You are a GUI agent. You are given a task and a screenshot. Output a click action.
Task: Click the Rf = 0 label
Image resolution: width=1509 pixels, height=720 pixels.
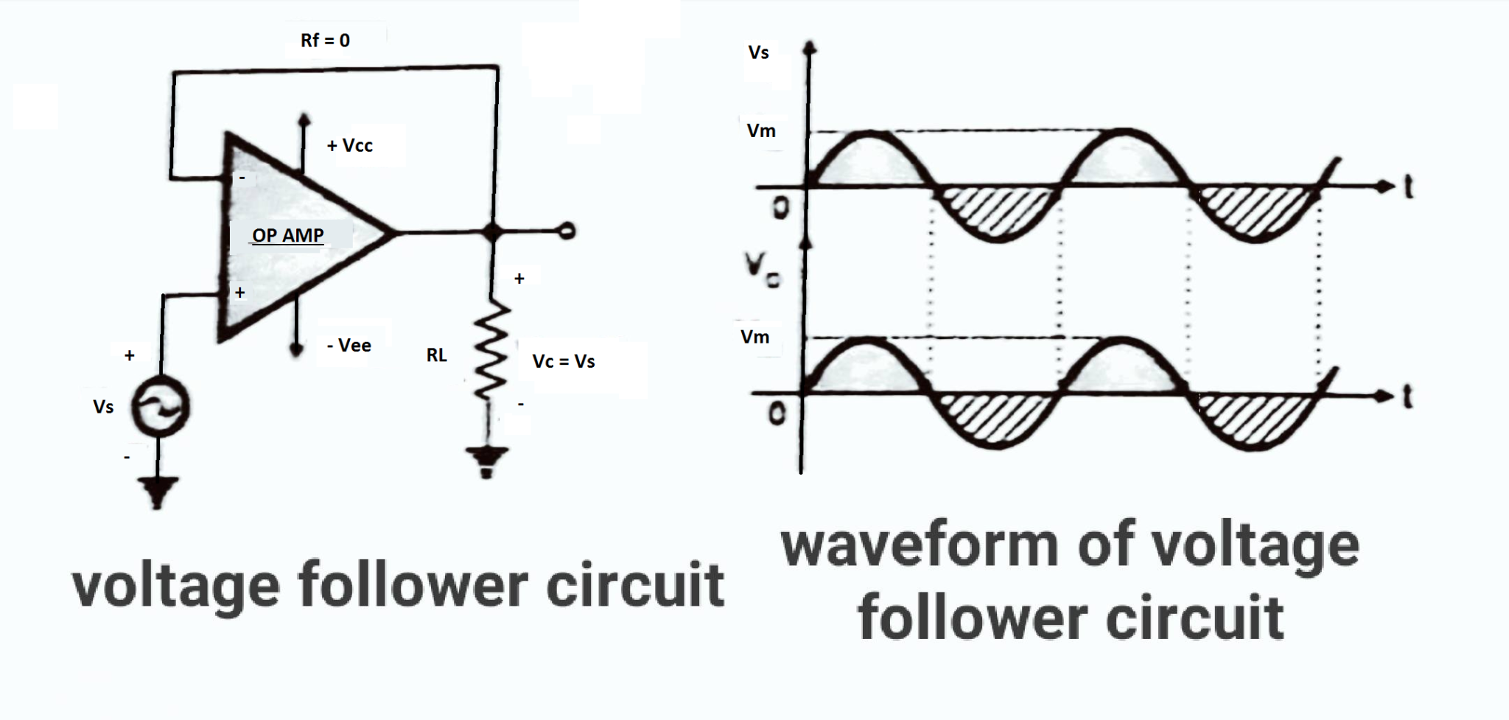click(325, 41)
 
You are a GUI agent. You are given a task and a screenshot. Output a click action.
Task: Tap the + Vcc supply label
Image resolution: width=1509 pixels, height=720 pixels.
click(350, 145)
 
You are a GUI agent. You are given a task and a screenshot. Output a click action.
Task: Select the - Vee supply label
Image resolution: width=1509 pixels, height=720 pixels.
click(349, 345)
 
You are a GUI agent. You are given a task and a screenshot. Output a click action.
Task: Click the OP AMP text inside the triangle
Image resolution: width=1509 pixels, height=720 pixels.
click(287, 235)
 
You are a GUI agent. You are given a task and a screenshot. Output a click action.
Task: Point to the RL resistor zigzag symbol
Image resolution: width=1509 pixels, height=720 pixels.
click(489, 351)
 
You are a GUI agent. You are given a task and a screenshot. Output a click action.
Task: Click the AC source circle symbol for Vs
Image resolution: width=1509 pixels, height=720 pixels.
click(160, 406)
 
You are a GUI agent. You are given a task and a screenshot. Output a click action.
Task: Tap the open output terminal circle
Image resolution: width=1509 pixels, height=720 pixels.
click(567, 231)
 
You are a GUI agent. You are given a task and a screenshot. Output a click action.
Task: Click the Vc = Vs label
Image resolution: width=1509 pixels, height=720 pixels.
click(564, 361)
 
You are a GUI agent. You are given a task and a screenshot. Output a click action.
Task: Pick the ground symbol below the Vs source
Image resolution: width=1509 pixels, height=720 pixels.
click(157, 492)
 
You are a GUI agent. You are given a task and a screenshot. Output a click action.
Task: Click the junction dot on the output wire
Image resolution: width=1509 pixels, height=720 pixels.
click(492, 232)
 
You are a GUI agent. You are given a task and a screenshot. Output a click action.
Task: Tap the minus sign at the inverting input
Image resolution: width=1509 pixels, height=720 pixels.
click(242, 178)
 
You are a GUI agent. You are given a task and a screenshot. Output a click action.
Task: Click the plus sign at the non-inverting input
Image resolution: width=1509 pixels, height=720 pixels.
click(239, 293)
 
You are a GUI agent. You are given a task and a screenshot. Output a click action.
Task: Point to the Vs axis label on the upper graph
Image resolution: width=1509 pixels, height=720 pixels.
click(758, 52)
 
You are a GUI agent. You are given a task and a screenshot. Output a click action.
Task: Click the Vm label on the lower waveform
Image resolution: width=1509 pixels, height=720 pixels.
click(754, 337)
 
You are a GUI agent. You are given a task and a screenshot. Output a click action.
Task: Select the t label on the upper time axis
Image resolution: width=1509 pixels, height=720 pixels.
click(1408, 187)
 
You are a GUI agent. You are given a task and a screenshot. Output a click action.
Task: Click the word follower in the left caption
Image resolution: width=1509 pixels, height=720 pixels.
click(413, 586)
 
